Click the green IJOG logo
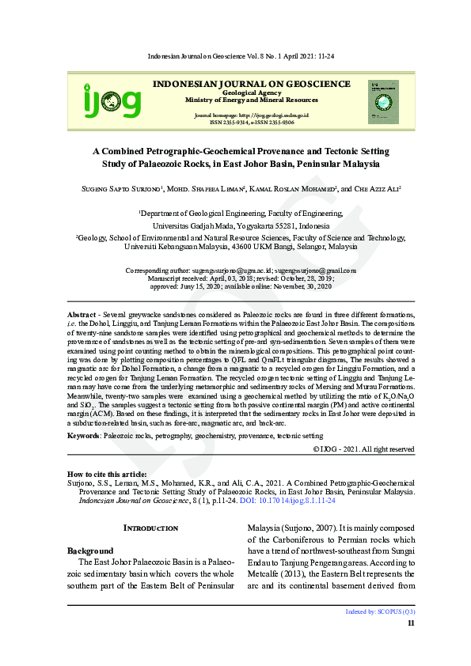tap(112, 101)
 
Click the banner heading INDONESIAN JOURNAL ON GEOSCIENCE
tap(251, 84)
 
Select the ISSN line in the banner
tap(252, 123)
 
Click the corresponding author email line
tap(241, 271)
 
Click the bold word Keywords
tap(83, 436)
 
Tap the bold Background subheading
tap(90, 550)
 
